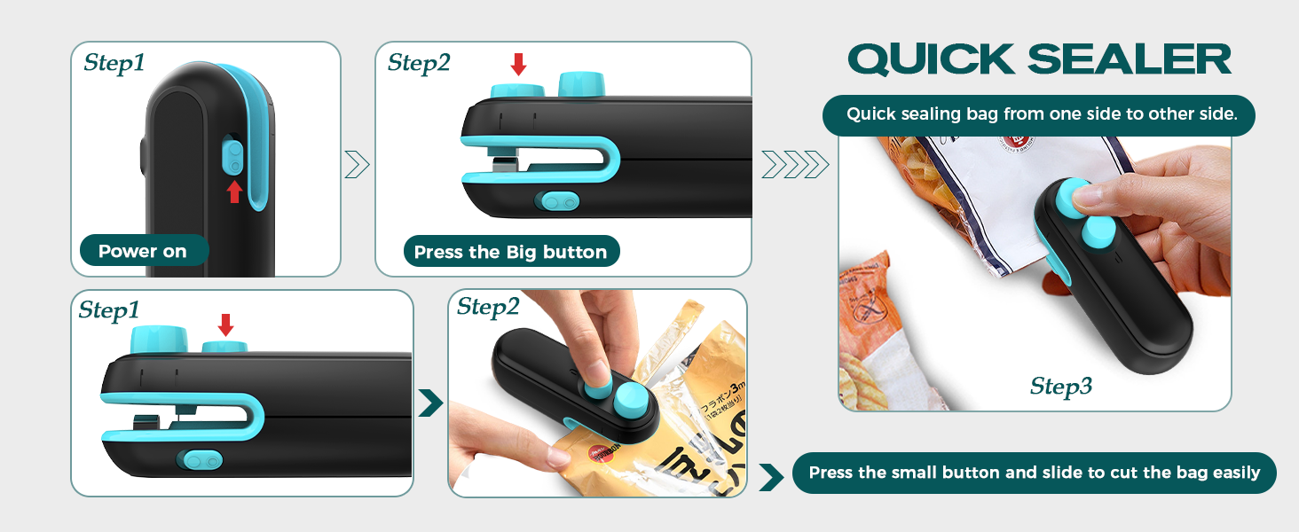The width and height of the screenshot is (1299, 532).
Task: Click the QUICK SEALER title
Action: [x=1039, y=59]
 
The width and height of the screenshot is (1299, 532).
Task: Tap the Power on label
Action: [x=143, y=251]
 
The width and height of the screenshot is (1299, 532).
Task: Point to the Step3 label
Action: [x=1061, y=386]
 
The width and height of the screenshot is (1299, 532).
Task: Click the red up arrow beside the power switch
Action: [x=234, y=192]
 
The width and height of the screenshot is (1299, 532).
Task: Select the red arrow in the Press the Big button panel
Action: [x=519, y=64]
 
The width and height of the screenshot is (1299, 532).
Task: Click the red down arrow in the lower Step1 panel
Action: [x=225, y=325]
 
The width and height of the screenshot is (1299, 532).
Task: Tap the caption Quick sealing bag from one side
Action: [x=1038, y=114]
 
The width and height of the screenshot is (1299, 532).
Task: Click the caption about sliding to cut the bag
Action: [x=1034, y=473]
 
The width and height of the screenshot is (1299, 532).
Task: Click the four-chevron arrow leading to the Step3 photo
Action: [x=794, y=164]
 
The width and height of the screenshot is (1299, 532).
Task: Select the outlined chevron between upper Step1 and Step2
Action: [x=357, y=164]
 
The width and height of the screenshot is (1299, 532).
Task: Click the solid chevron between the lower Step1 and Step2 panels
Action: [x=430, y=403]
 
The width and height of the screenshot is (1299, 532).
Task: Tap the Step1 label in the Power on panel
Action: [x=114, y=63]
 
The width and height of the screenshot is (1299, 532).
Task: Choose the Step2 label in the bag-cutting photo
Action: [x=488, y=307]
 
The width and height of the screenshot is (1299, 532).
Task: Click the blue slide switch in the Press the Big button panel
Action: [x=557, y=202]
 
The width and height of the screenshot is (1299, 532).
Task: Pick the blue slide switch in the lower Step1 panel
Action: [x=201, y=460]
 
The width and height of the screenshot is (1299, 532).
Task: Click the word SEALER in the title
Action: [x=1130, y=59]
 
